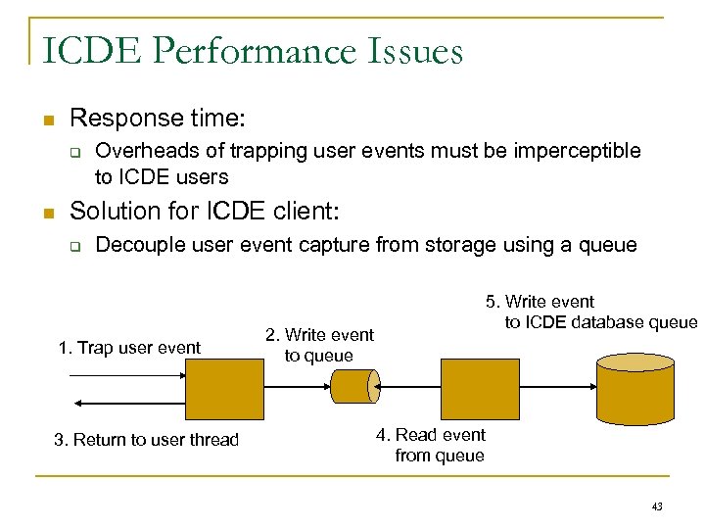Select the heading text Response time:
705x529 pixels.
[x=158, y=119]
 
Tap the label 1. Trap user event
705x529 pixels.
[x=129, y=348]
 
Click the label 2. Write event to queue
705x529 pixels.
[x=319, y=346]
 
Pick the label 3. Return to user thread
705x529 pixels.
[x=146, y=440]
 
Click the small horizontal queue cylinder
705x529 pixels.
[x=353, y=386]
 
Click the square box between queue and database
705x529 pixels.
[x=480, y=388]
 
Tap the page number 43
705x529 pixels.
[x=657, y=506]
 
